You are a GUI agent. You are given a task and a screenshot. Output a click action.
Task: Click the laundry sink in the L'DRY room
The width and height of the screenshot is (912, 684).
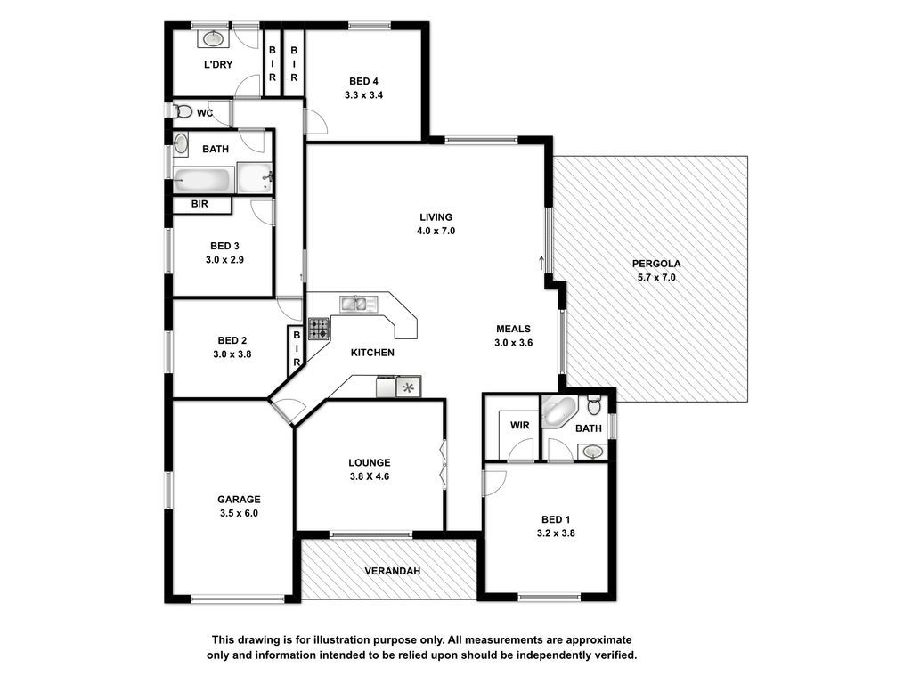(x=214, y=38)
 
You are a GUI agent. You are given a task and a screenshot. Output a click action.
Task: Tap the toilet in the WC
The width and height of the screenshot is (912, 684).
(x=183, y=111)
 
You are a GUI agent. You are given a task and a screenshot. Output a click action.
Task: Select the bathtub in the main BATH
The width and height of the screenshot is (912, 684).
(x=202, y=180)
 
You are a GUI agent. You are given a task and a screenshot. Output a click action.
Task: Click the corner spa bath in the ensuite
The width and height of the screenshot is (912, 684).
(x=558, y=411)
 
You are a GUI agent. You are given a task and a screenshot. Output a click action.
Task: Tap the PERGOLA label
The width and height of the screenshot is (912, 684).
(x=656, y=264)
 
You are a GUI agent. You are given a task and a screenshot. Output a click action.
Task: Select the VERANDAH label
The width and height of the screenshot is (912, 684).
(x=393, y=571)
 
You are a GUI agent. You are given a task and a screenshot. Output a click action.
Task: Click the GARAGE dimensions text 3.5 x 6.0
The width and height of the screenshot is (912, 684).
(x=239, y=513)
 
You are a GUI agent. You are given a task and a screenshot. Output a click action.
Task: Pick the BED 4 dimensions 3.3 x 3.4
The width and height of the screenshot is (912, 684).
(x=363, y=94)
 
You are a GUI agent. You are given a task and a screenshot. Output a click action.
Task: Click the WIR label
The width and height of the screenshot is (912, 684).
(x=519, y=425)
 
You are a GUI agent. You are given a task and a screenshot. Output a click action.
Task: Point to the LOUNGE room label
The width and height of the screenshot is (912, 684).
(x=370, y=463)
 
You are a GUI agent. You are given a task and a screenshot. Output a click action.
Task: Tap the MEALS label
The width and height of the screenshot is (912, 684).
(x=513, y=329)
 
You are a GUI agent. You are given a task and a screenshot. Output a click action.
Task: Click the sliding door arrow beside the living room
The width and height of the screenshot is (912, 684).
(x=541, y=263)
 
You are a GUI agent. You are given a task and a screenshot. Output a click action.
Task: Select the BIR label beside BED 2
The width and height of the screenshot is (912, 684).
(x=297, y=349)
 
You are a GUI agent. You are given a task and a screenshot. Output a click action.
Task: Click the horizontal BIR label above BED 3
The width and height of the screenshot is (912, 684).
(x=199, y=204)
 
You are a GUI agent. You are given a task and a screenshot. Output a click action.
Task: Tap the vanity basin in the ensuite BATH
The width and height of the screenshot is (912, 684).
(x=592, y=452)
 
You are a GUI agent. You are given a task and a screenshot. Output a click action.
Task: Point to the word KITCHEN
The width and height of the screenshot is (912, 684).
(x=372, y=353)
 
